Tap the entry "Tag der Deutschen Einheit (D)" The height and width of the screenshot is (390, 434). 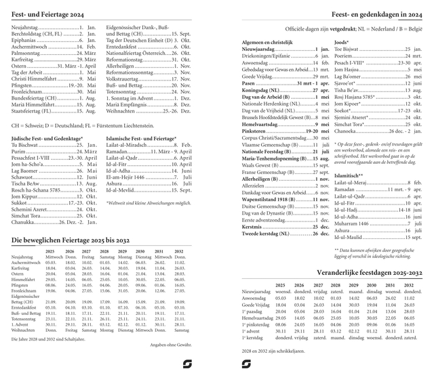(138, 40)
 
